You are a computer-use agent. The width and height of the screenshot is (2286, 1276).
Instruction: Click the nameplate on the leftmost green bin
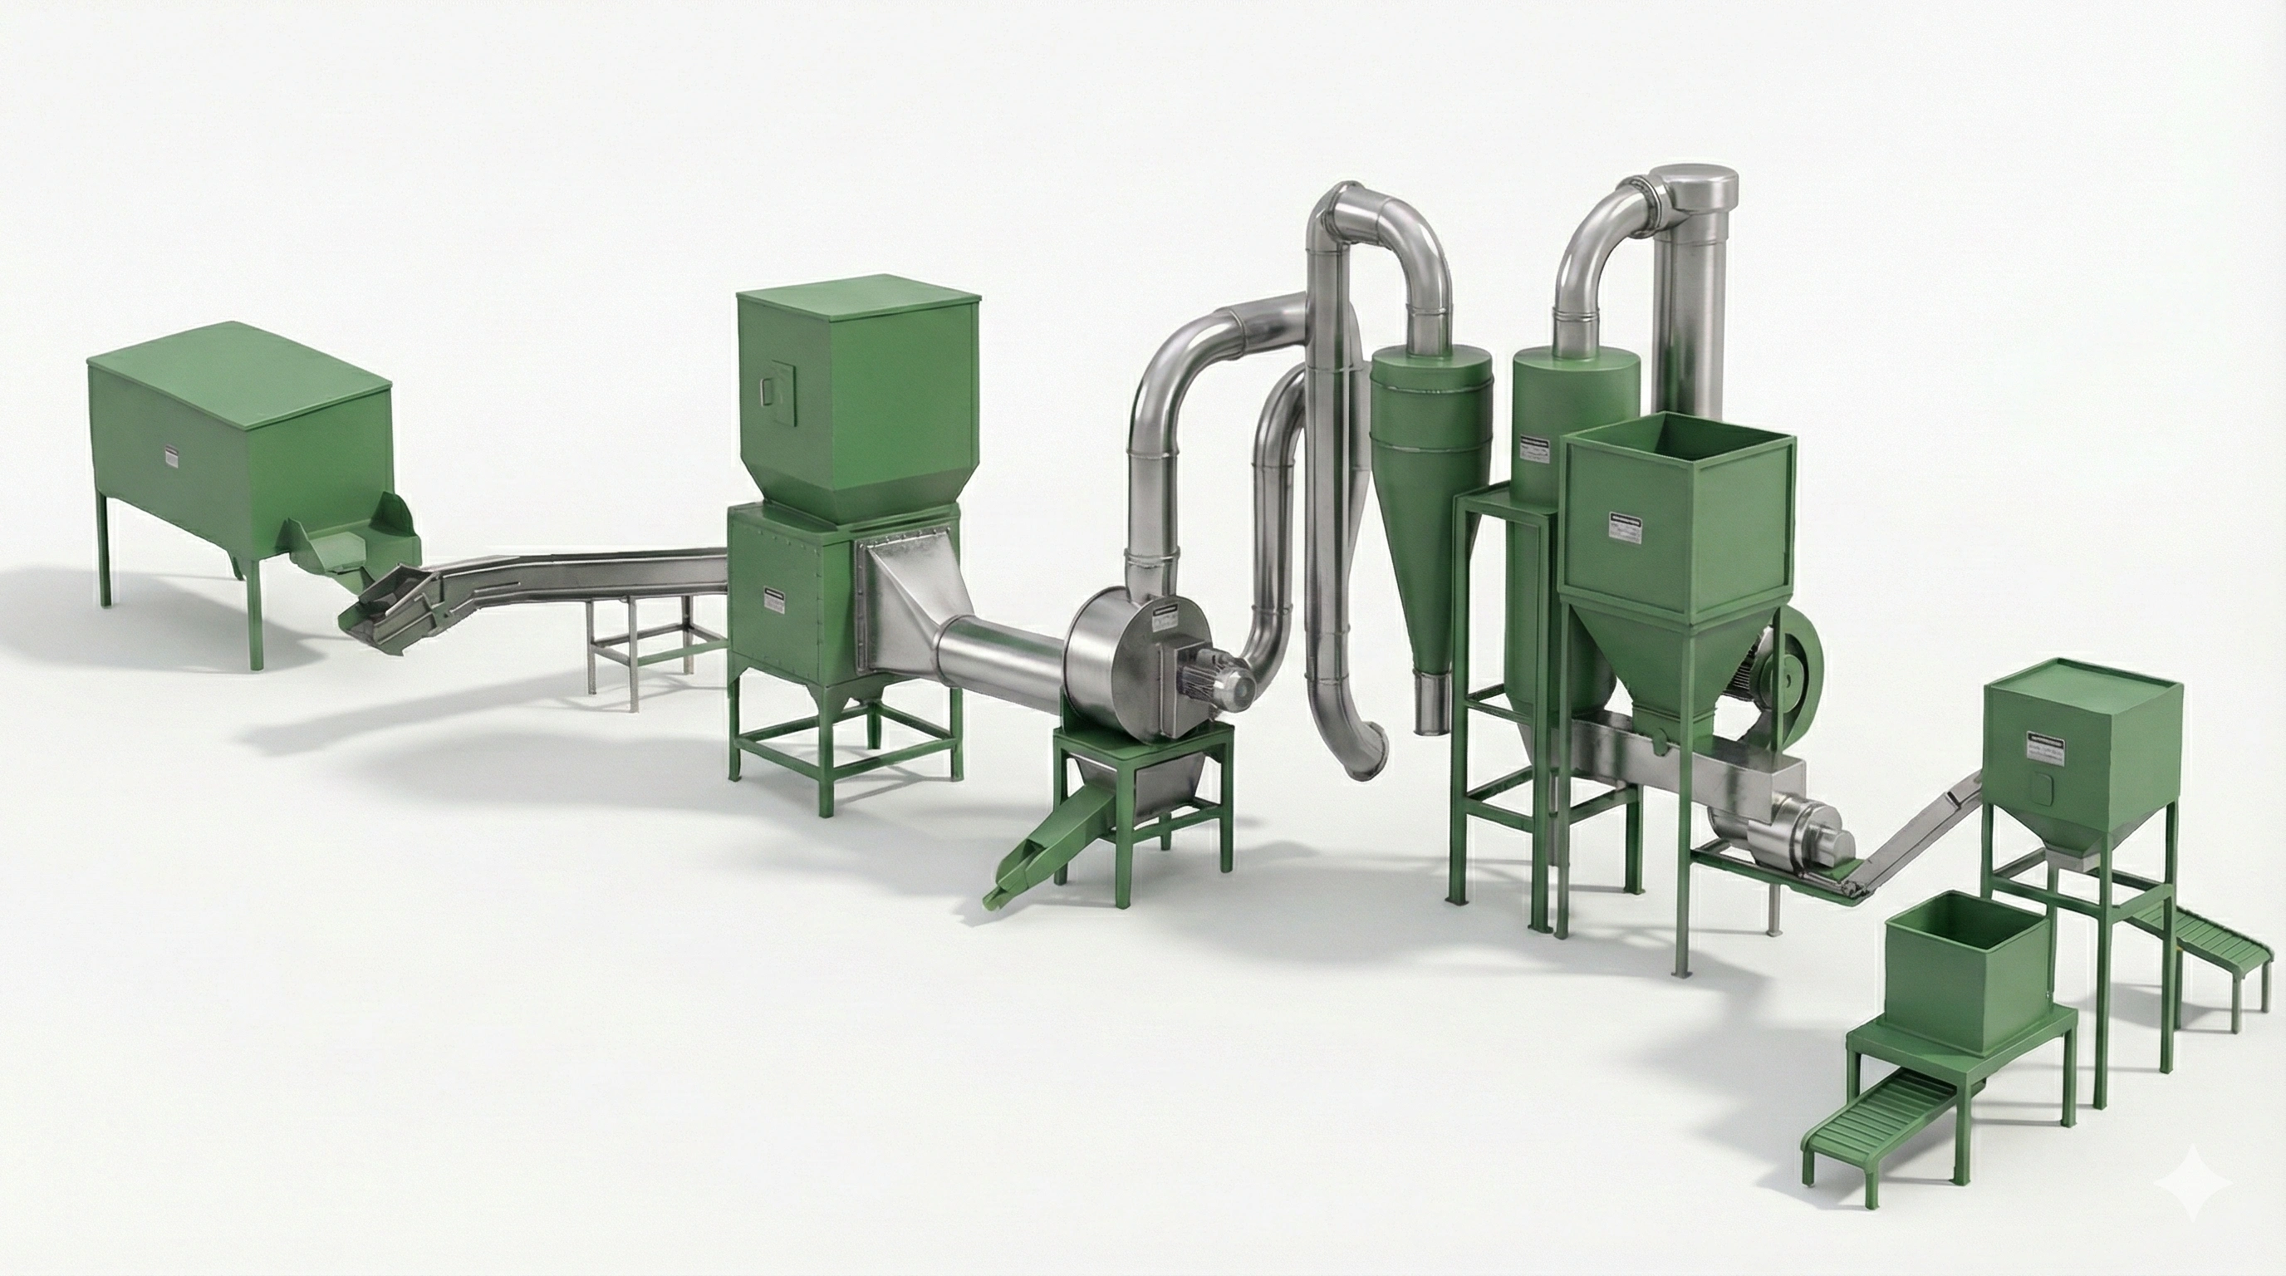tap(171, 456)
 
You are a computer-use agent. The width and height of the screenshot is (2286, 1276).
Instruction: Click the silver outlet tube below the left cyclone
tap(1433, 703)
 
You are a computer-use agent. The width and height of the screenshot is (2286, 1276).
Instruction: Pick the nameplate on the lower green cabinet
tap(776, 601)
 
